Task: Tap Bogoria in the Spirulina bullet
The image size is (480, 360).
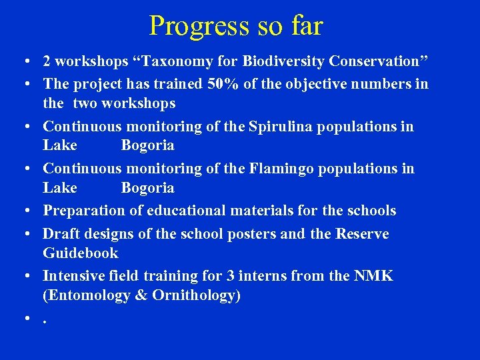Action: point(147,145)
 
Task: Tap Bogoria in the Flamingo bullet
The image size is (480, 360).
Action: point(147,188)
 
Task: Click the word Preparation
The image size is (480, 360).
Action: point(84,211)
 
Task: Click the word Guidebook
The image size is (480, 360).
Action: point(81,253)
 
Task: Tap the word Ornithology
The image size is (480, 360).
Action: point(199,295)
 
